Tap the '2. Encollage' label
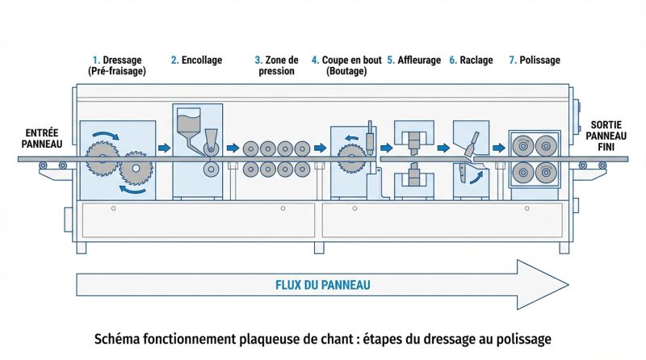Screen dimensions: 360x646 pos(196,60)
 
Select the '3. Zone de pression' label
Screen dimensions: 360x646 pos(276,65)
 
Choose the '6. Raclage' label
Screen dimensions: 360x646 pos(471,60)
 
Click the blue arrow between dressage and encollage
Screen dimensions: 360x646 pos(164,149)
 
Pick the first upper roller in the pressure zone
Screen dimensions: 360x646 pos(249,149)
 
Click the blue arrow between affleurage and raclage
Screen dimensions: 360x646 pos(443,149)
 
